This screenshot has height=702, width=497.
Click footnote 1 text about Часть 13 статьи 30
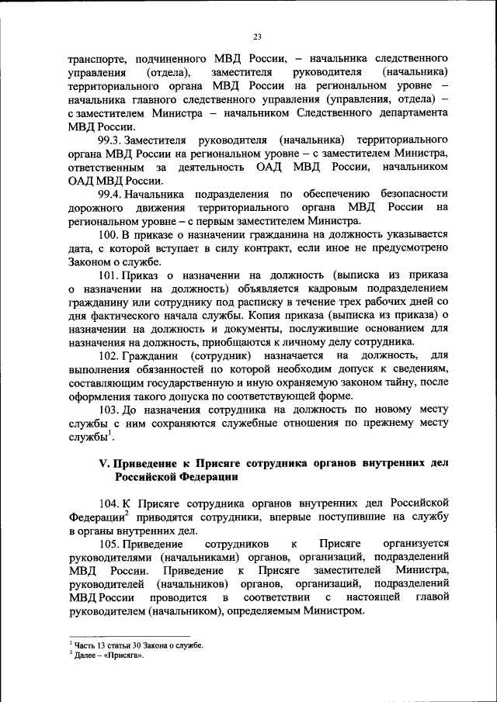pyautogui.click(x=136, y=645)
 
